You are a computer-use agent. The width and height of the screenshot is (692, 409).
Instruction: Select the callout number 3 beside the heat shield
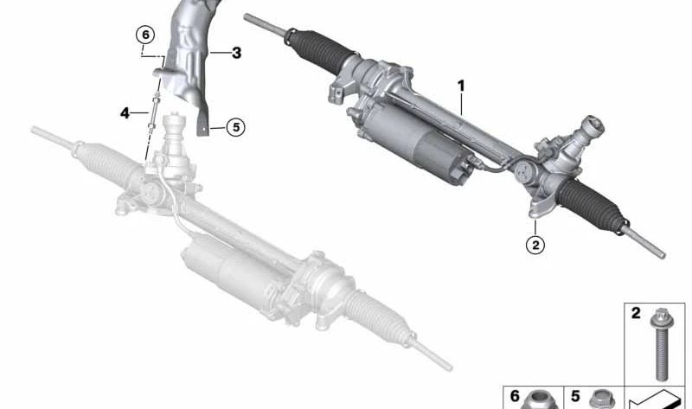[x=236, y=53]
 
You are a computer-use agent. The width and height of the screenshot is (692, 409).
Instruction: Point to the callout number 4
[x=125, y=112]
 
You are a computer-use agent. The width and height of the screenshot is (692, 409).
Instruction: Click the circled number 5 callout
[x=235, y=127]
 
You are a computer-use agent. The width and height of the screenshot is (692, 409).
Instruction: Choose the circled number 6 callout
[x=144, y=35]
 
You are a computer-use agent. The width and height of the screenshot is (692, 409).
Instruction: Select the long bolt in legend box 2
[x=659, y=342]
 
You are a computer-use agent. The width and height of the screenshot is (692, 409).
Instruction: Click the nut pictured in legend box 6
[x=541, y=399]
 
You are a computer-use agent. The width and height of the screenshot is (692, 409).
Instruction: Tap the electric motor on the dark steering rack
[x=407, y=143]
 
